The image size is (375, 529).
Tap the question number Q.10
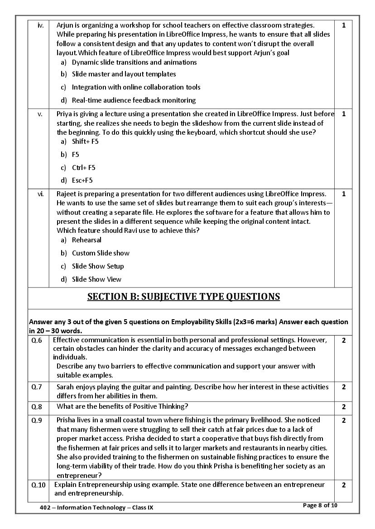coord(38,485)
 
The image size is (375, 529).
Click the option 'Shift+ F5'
coord(85,142)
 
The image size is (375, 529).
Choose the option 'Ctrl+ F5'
coord(84,168)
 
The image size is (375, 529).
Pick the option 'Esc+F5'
coord(82,180)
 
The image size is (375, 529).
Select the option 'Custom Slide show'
coord(101,253)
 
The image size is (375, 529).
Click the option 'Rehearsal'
coord(87,240)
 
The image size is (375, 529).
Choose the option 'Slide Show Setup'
coord(98,266)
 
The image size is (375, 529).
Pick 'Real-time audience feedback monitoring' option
coord(134,100)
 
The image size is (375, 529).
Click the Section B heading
coord(183,297)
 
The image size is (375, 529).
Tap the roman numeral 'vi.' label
coord(40,194)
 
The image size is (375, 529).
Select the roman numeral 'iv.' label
coord(40,25)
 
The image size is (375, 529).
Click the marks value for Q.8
coord(343,407)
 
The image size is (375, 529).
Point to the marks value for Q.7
coord(343,387)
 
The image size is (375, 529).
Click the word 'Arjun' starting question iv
coord(65,25)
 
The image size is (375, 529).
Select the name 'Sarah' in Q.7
coord(66,387)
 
